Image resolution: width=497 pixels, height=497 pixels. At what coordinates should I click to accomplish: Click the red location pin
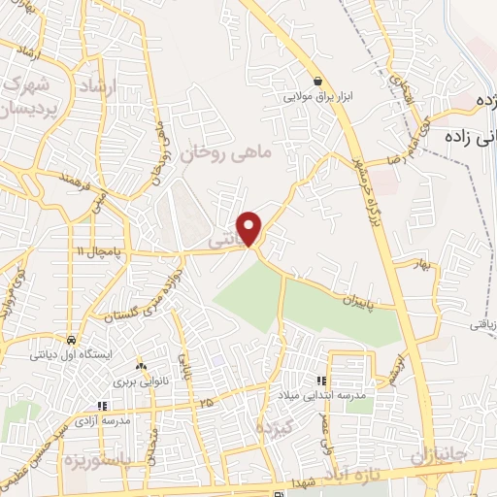tap(250, 228)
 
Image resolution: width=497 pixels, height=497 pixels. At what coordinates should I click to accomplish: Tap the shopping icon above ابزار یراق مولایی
tap(317, 81)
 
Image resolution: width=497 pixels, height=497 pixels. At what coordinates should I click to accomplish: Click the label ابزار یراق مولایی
tap(316, 96)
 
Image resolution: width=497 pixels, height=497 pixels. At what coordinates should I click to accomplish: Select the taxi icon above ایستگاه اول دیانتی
tap(72, 341)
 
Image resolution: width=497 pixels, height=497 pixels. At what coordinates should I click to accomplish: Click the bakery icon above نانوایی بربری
tap(141, 366)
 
